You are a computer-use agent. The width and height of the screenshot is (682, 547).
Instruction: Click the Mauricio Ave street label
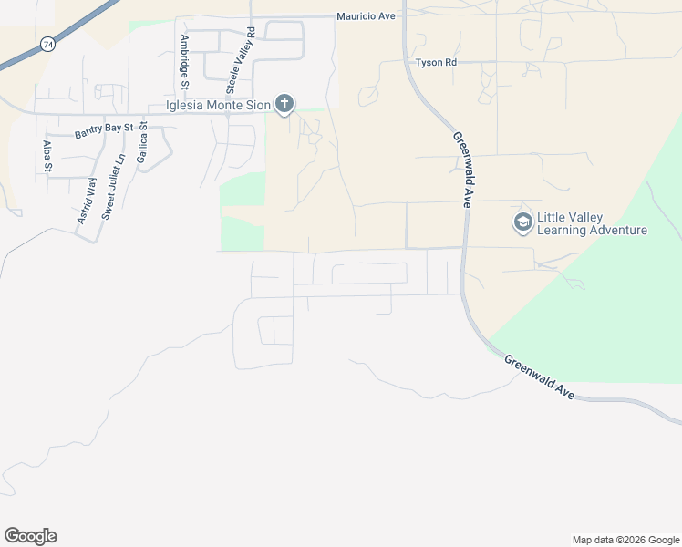(366, 16)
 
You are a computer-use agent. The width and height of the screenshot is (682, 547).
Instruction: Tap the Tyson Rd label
(435, 63)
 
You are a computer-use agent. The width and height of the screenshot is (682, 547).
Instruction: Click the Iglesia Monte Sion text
(218, 105)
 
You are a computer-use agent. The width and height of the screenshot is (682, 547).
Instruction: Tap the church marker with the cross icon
(284, 104)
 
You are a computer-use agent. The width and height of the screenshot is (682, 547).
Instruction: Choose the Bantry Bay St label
(104, 131)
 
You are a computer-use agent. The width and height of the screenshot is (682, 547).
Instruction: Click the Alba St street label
(46, 156)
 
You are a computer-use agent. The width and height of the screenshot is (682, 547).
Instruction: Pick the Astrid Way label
(87, 201)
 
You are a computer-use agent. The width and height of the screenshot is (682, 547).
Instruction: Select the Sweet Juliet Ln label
(112, 189)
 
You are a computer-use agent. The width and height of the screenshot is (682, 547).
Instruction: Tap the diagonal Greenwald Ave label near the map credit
(541, 376)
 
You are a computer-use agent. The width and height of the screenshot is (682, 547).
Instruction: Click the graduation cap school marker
(522, 222)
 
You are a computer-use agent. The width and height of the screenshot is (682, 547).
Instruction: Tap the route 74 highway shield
(46, 44)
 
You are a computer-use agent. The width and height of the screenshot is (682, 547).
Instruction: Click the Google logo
(30, 536)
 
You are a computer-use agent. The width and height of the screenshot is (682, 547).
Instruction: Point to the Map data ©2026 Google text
(625, 540)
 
